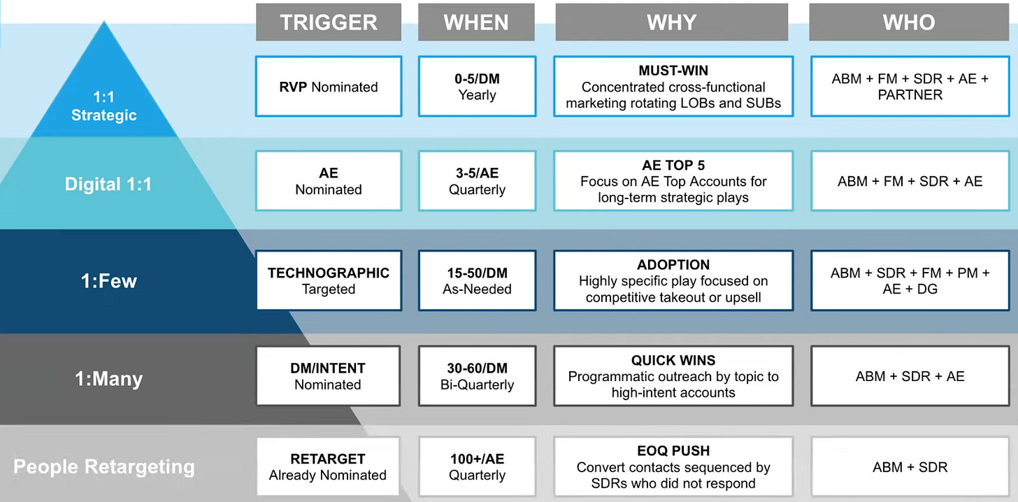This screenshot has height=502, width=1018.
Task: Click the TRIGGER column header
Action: coord(328,22)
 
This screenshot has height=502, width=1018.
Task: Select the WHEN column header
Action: coord(476,22)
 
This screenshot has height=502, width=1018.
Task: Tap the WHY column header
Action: coord(672,22)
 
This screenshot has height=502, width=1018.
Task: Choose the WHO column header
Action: coord(909,22)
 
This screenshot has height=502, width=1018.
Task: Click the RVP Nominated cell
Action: coord(329,86)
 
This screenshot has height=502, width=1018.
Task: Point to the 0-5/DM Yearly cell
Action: coord(477,86)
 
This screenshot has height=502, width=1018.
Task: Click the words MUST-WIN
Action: coord(673,71)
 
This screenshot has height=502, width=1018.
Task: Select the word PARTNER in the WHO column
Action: coord(910,95)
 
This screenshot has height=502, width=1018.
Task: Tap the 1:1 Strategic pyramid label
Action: coord(103,106)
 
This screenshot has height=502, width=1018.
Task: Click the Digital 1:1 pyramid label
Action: coord(108,184)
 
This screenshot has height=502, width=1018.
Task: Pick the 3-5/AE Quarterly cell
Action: coord(477,181)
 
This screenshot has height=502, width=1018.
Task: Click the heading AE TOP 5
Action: coord(673,165)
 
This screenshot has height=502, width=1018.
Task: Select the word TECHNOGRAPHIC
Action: coord(329,273)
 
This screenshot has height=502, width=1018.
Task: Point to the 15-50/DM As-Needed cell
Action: coord(477,280)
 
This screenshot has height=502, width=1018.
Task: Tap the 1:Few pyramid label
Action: coord(108,281)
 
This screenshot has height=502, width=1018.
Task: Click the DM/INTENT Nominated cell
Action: coord(328,375)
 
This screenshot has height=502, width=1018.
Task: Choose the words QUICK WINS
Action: coord(673,360)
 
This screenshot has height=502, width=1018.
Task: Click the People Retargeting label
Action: coord(104,466)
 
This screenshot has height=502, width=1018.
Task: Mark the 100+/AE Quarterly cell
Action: coord(477,466)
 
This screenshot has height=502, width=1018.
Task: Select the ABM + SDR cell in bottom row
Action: coord(910,466)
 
